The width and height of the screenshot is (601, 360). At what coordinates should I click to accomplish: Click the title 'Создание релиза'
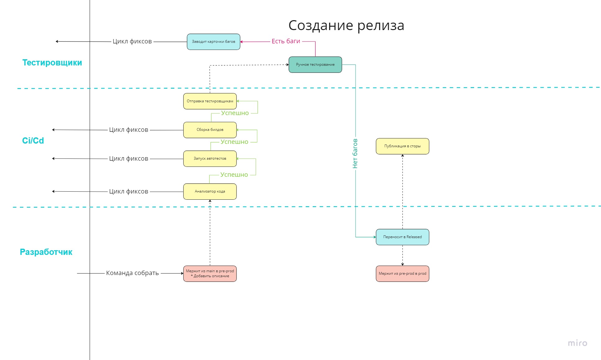pos(346,25)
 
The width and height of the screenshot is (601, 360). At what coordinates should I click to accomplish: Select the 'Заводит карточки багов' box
pos(213,42)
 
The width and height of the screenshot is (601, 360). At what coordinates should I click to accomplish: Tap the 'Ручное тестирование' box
pos(315,64)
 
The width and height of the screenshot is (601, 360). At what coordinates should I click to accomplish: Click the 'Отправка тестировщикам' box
pos(210,101)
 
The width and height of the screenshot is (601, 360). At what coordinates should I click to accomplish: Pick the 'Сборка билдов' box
pos(210,130)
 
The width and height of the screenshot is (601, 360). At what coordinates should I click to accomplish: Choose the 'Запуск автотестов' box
pos(210,158)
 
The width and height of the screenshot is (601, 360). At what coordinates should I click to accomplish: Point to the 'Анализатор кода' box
pos(210,191)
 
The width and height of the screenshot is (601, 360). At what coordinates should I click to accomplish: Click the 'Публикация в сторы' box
pos(402,146)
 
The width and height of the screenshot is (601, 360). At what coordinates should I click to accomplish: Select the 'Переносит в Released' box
pos(402,237)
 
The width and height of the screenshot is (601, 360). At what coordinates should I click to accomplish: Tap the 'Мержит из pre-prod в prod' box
pos(402,273)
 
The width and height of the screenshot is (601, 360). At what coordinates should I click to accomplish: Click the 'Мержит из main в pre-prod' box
pos(210,273)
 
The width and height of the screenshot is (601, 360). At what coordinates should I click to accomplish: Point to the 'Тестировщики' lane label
pos(52,63)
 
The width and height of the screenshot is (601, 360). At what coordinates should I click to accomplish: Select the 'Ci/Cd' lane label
pos(33,141)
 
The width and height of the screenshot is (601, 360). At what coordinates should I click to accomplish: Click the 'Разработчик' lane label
pos(46,252)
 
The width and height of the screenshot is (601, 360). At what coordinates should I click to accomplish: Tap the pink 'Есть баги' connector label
pos(286,41)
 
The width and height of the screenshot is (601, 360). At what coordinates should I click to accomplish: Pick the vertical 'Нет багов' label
pos(355,153)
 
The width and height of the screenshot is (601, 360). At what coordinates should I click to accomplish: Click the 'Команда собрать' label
pos(132,273)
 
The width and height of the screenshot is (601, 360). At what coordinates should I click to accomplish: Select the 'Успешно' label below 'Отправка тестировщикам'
pos(235,113)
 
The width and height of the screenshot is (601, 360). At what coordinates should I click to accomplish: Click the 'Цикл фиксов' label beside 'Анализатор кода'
pos(128,191)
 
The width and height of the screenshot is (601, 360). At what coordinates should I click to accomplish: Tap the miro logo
pos(577,343)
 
